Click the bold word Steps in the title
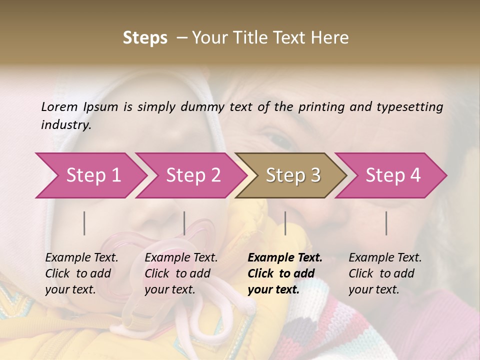coord(145,38)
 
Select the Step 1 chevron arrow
coord(90,175)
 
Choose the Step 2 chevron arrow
coord(191,175)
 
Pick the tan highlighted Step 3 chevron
coord(291,175)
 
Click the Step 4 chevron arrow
coord(391,175)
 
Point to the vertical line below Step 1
coord(84,223)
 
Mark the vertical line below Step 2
coord(184,223)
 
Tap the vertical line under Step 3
coord(285,223)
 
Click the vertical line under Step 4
coord(386,223)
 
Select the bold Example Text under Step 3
coord(285,273)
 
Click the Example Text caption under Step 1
coord(81,273)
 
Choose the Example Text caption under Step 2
coord(181,273)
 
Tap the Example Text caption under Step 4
coord(385,273)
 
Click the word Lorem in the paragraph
coord(59,107)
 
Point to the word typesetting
coord(409,107)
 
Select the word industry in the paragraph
coord(65,125)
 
